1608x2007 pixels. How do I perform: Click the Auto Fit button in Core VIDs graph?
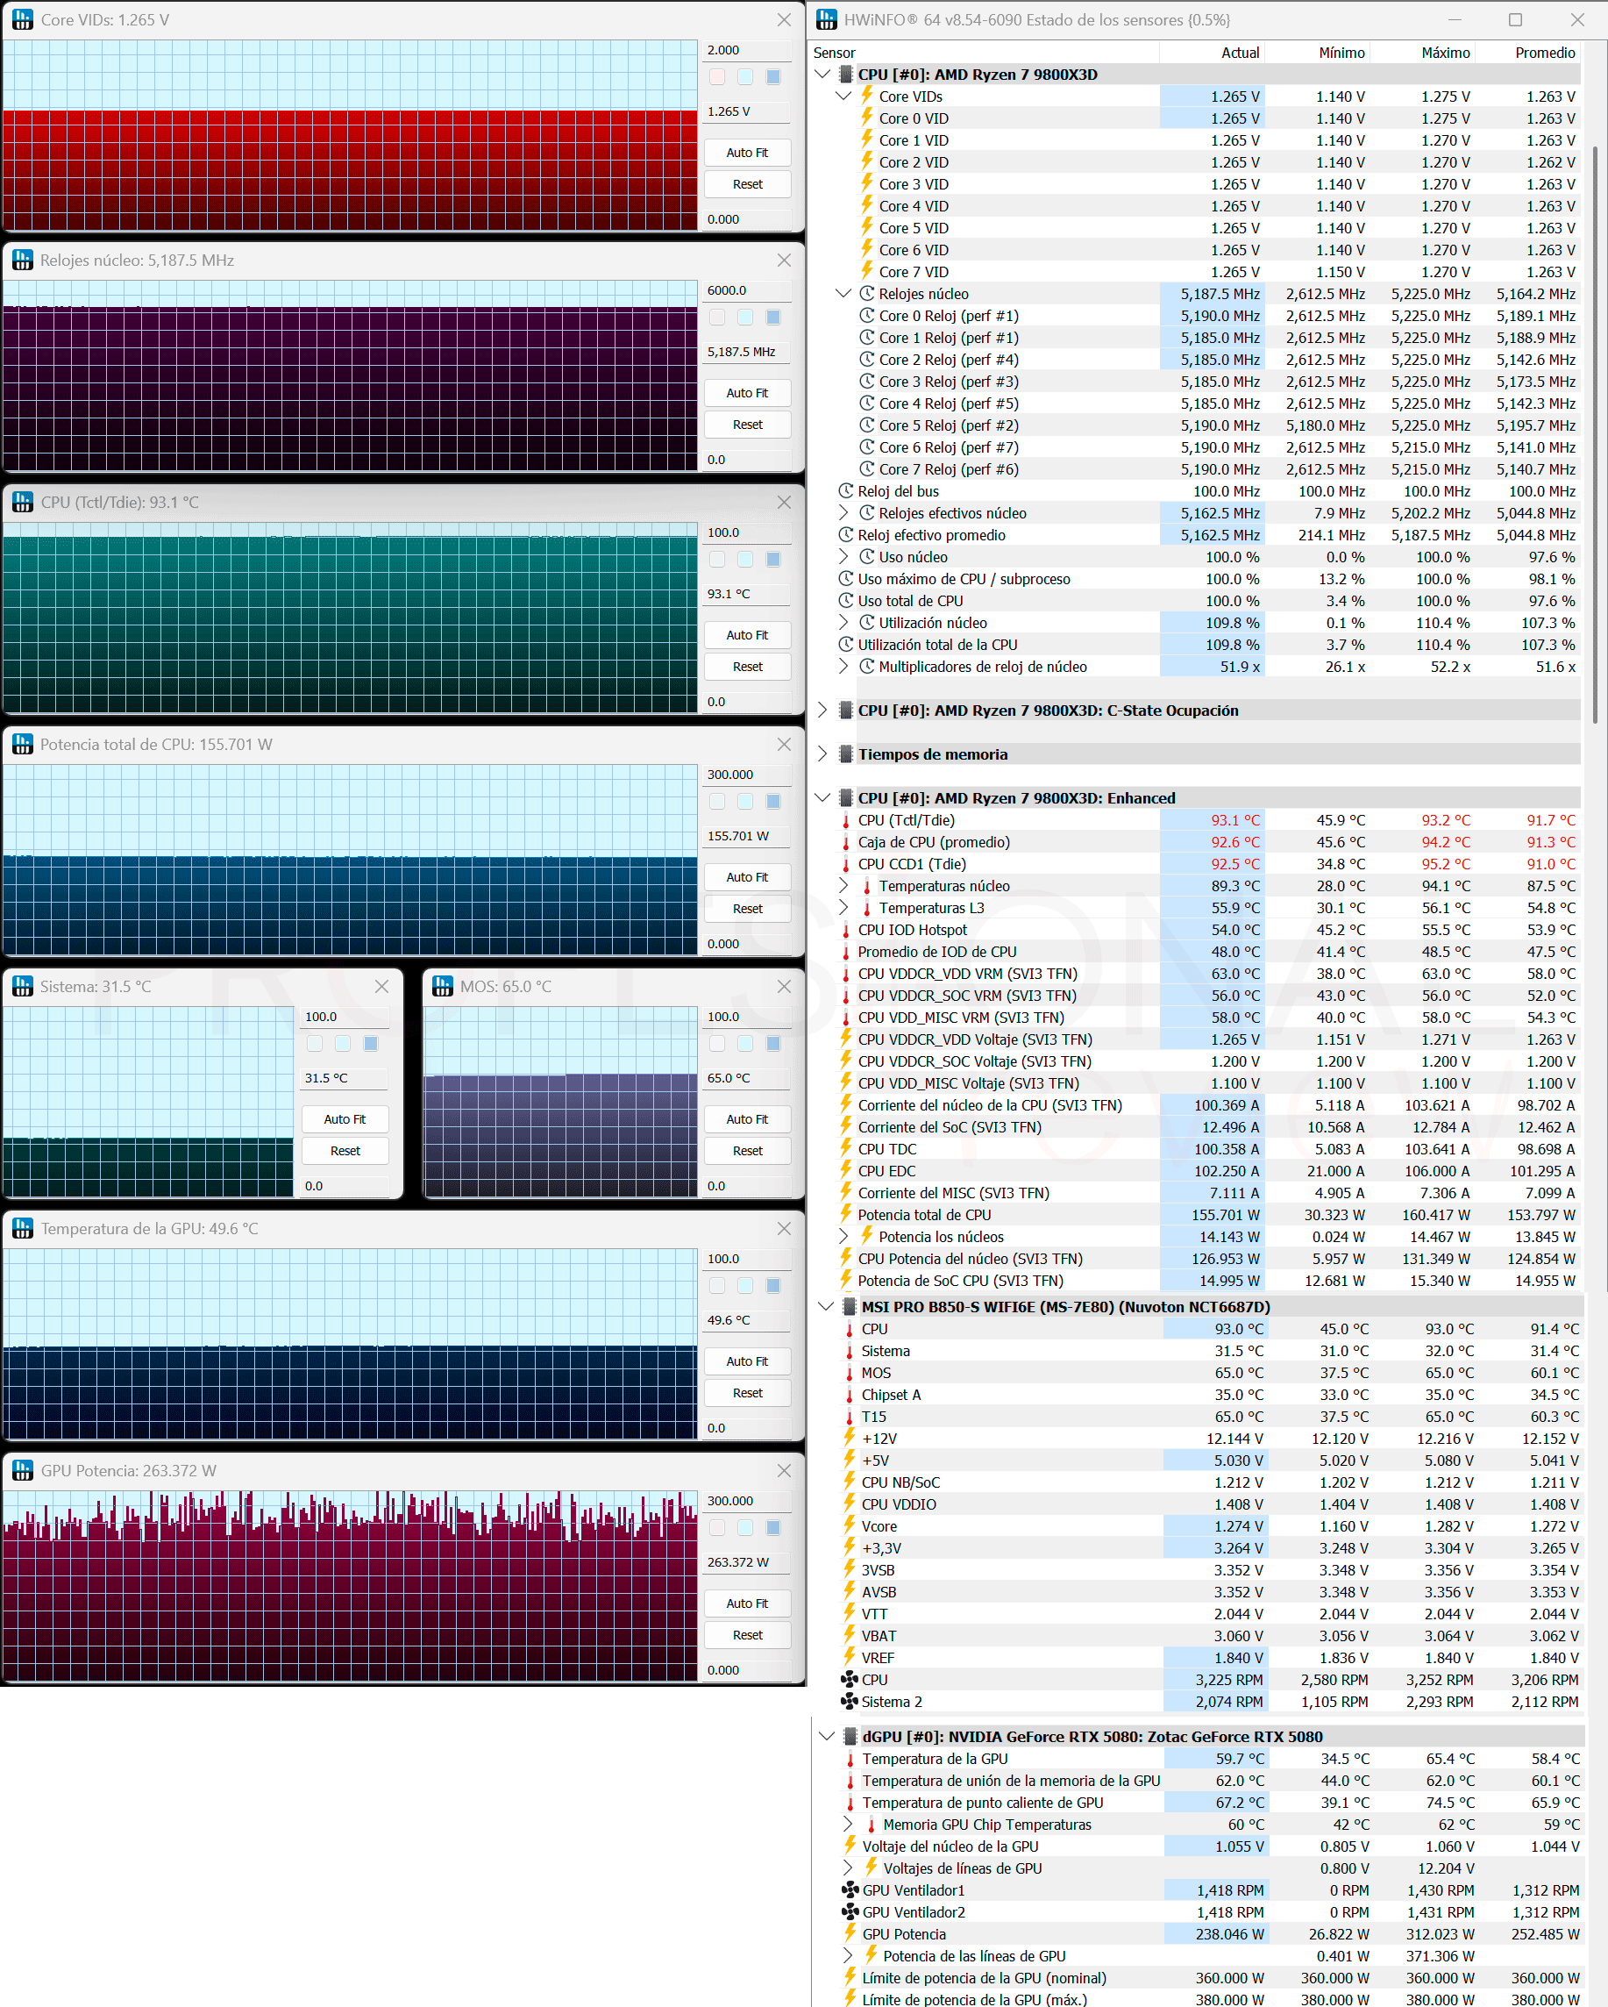click(747, 153)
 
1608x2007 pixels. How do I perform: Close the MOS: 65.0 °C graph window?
click(785, 987)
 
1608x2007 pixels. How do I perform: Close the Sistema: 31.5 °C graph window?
click(381, 987)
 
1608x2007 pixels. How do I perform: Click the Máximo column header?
click(1445, 53)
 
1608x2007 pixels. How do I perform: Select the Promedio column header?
click(1545, 53)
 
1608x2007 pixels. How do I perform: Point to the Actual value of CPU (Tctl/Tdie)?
click(1234, 820)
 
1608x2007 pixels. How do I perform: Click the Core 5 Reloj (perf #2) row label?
click(949, 425)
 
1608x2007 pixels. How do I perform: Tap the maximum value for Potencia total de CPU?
click(1436, 1215)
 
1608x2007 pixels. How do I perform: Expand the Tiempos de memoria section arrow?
click(822, 754)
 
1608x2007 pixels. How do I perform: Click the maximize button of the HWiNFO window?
click(1515, 19)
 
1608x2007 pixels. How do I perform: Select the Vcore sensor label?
click(879, 1526)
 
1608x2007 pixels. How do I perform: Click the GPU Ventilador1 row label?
click(913, 1890)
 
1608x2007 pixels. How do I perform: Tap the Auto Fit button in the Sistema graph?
click(345, 1119)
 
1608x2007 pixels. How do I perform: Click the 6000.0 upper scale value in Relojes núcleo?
click(727, 290)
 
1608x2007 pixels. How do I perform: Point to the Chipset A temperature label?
click(891, 1395)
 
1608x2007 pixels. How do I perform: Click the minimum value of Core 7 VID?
click(1340, 272)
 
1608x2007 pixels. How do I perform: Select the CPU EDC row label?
click(886, 1171)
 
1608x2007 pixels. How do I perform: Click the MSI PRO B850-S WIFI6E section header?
click(1065, 1307)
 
